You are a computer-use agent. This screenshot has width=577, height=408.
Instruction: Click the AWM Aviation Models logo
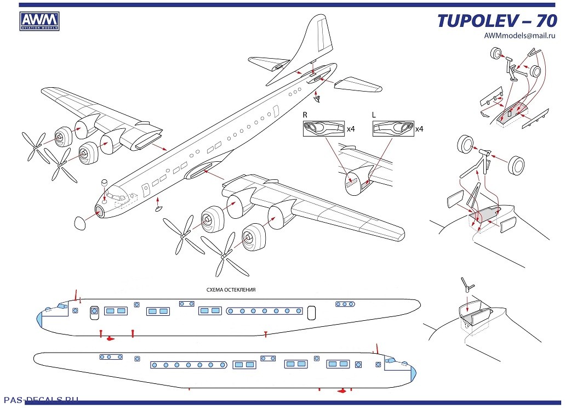pyautogui.click(x=39, y=21)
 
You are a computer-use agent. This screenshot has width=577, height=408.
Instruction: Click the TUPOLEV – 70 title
pyautogui.click(x=497, y=21)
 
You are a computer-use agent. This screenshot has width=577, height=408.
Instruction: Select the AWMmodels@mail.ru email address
pyautogui.click(x=519, y=36)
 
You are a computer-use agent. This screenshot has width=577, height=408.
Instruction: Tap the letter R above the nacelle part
pyautogui.click(x=305, y=115)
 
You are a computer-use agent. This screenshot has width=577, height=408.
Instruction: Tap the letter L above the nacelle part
pyautogui.click(x=374, y=115)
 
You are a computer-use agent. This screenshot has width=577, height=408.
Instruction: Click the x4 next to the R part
pyautogui.click(x=351, y=129)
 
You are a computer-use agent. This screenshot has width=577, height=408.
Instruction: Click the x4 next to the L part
pyautogui.click(x=419, y=129)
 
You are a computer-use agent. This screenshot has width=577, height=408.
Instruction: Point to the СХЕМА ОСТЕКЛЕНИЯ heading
pyautogui.click(x=231, y=290)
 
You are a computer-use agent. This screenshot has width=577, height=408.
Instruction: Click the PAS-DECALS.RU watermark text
pyautogui.click(x=41, y=400)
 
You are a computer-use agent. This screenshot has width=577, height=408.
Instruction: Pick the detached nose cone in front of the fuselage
pyautogui.click(x=80, y=224)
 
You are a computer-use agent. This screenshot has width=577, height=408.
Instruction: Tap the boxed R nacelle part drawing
pyautogui.click(x=324, y=128)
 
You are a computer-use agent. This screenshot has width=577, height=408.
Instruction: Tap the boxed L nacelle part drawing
pyautogui.click(x=393, y=128)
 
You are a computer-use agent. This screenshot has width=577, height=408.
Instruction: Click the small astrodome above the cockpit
pyautogui.click(x=104, y=183)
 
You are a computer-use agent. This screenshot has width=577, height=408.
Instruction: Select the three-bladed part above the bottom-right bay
pyautogui.click(x=467, y=284)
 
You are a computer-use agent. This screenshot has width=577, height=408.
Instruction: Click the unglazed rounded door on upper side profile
pyautogui.click(x=311, y=313)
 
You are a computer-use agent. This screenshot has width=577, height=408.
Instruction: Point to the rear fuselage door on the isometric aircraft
pyautogui.click(x=275, y=111)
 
